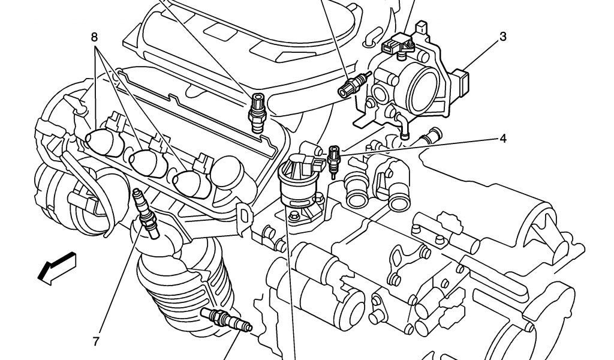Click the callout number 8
94,37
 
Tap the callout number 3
503,37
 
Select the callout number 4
503,138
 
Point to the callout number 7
96,341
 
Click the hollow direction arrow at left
57,268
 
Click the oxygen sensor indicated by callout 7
146,214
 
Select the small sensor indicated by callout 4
334,161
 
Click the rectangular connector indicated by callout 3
460,83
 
